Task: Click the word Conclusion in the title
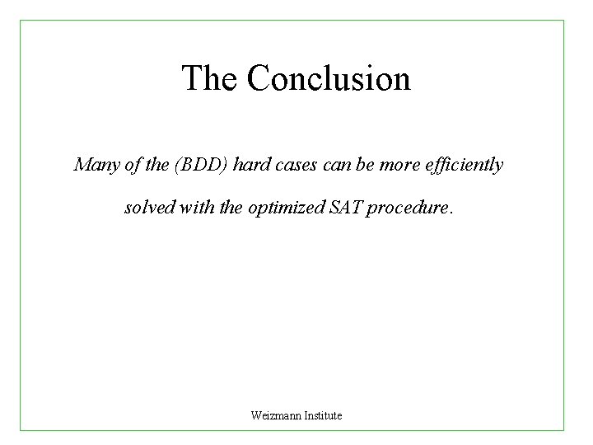328,79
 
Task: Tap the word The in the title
210,79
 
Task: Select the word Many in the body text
92,165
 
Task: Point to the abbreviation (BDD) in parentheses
200,165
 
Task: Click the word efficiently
465,165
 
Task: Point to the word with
198,208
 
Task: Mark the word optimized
286,208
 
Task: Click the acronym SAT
346,208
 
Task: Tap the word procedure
406,208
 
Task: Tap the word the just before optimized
231,208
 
